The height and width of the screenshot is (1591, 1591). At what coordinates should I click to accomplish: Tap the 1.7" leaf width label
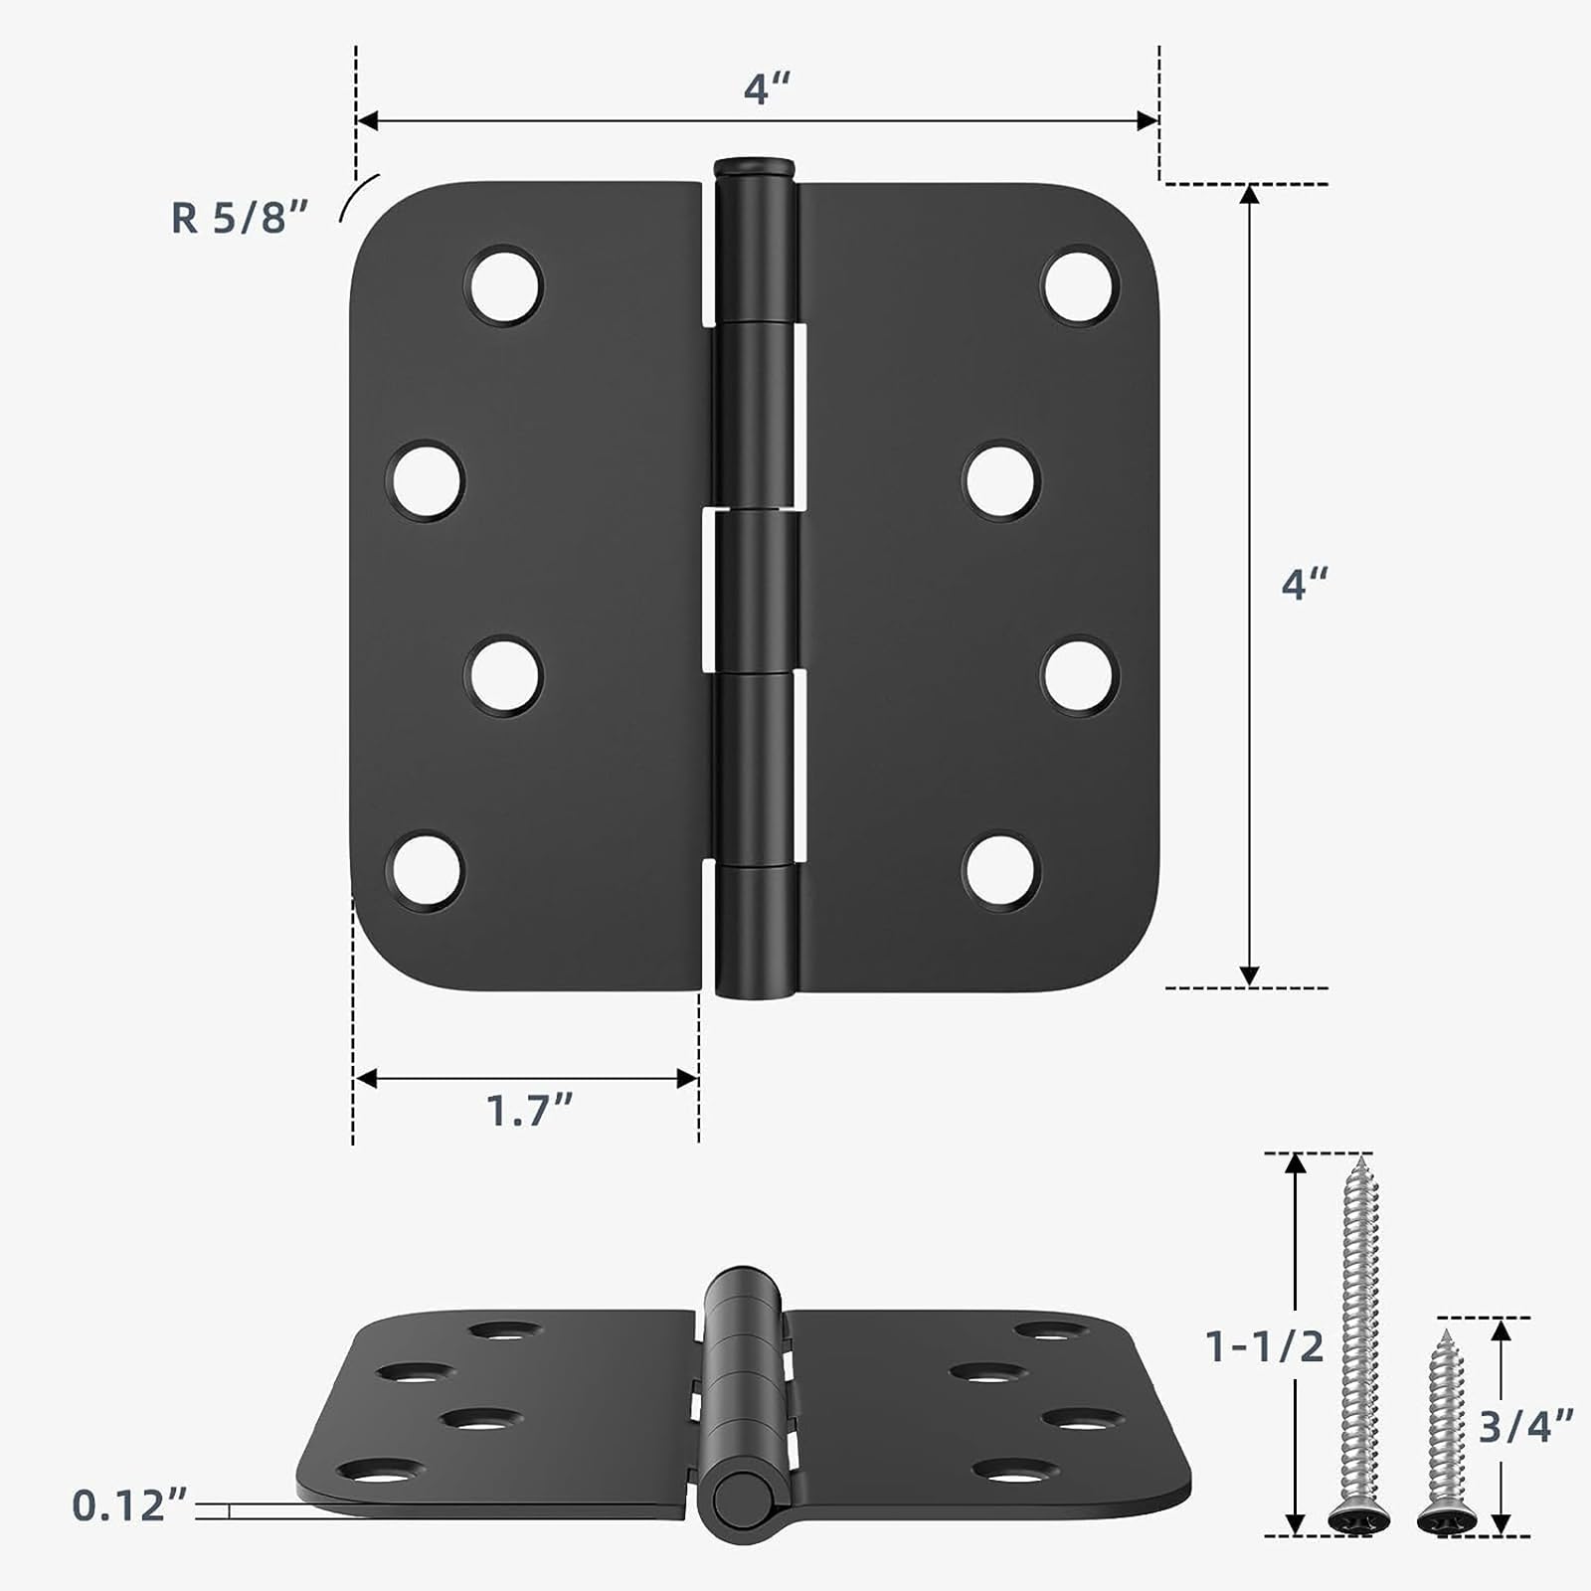coord(530,1110)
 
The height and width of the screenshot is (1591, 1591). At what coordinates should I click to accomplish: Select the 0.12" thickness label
coord(129,1505)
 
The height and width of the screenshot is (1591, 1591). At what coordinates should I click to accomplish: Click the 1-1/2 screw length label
coord(1264,1346)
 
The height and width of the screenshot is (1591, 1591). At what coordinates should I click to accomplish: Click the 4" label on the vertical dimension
coord(1304,584)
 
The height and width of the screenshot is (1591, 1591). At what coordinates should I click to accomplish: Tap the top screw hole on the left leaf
coord(504,285)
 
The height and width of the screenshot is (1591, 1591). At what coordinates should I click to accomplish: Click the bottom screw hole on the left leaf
coord(426,870)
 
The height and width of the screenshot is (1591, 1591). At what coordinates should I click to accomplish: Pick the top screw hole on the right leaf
coord(1080,285)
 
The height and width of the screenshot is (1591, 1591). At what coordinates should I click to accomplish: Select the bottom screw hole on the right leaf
coord(1001,870)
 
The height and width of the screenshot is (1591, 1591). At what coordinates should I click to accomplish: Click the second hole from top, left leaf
coord(426,480)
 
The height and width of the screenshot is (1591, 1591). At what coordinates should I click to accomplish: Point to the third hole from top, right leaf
coord(1080,675)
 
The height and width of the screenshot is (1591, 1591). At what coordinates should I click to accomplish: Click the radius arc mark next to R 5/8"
coord(357,195)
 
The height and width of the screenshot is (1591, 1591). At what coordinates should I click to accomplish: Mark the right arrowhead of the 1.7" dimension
coord(687,1079)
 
